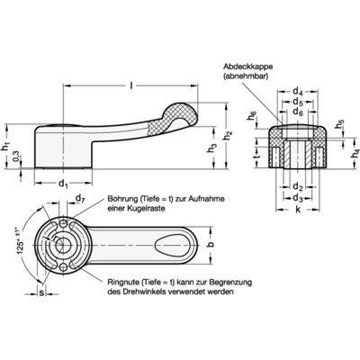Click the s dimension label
(38, 290)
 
